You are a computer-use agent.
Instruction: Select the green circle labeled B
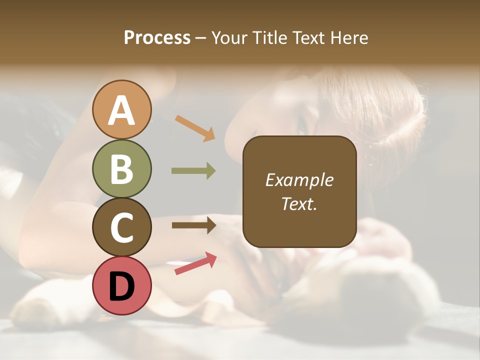[121, 169]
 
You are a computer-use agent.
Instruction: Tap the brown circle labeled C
[121, 227]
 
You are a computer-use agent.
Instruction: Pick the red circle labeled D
[121, 285]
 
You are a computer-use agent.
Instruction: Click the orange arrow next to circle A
[195, 128]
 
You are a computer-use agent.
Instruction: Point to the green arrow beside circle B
[193, 171]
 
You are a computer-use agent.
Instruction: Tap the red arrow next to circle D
[195, 263]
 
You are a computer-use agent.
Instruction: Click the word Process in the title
[157, 38]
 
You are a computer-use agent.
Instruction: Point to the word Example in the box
[299, 180]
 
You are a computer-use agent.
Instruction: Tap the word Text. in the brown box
[299, 204]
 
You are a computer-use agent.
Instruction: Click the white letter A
[121, 110]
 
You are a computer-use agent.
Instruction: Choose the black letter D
[121, 285]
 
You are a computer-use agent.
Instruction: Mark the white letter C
[121, 227]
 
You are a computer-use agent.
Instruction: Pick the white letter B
[121, 169]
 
